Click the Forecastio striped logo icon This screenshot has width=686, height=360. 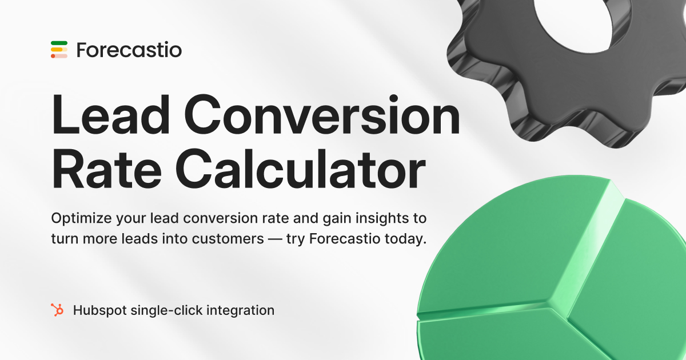(x=59, y=50)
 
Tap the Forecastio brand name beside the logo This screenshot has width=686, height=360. (x=129, y=50)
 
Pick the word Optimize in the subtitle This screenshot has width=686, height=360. (x=81, y=219)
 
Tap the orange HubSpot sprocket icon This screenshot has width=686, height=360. (x=57, y=310)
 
